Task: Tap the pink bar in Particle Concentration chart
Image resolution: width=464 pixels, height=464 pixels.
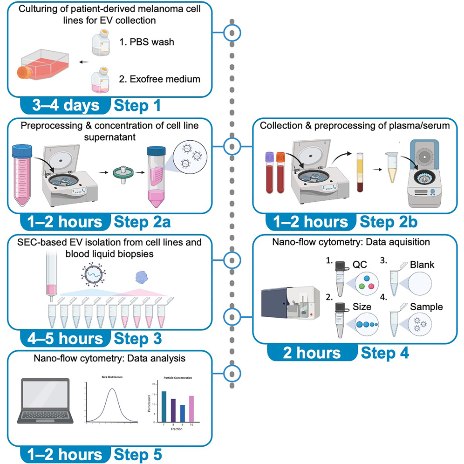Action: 191,409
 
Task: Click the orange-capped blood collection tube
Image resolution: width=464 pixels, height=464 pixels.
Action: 280,175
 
